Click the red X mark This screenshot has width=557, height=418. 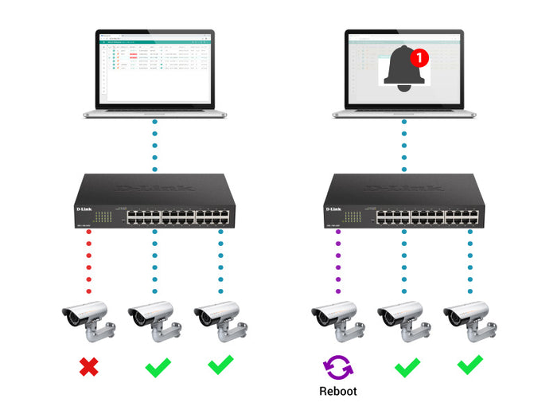click(88, 367)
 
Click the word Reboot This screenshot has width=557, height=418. click(337, 392)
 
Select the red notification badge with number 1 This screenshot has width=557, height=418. click(419, 57)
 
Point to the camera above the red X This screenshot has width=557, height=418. click(88, 319)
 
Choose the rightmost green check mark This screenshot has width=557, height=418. click(469, 365)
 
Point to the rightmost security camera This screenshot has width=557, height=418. click(469, 319)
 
